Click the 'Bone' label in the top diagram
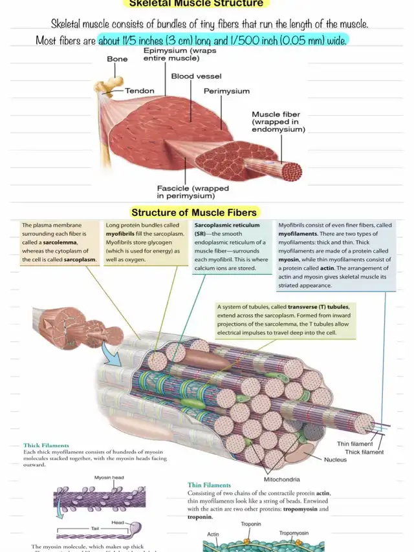tap(117, 59)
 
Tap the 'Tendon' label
tap(139, 91)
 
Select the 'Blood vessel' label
tap(196, 76)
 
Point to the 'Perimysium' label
tap(226, 91)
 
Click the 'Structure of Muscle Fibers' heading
tap(194, 212)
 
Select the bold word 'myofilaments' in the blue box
tap(301, 233)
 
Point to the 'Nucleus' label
tap(336, 460)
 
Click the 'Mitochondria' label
tap(282, 479)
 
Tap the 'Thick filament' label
tap(364, 452)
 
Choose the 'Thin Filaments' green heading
tap(209, 485)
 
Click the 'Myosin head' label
tap(109, 478)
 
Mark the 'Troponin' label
tap(251, 524)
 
